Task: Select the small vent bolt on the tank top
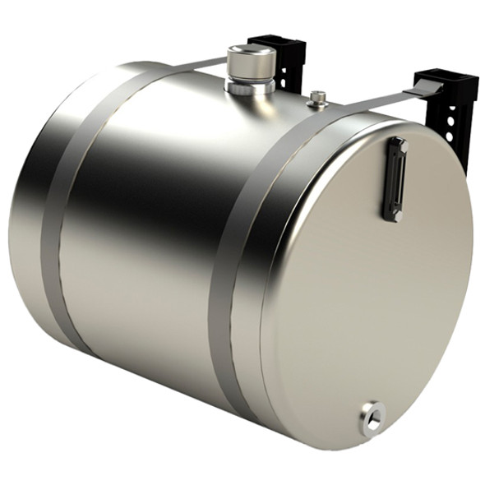pos(318,99)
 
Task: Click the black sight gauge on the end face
pos(395,179)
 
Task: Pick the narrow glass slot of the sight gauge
pos(395,179)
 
